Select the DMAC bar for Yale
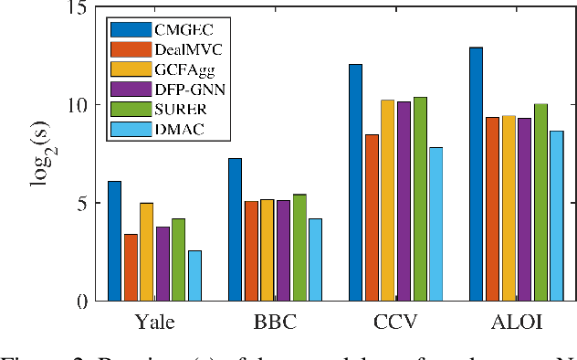(x=194, y=275)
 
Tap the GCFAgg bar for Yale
(x=146, y=251)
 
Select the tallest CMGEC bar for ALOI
(x=476, y=174)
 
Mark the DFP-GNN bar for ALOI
(x=524, y=209)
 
